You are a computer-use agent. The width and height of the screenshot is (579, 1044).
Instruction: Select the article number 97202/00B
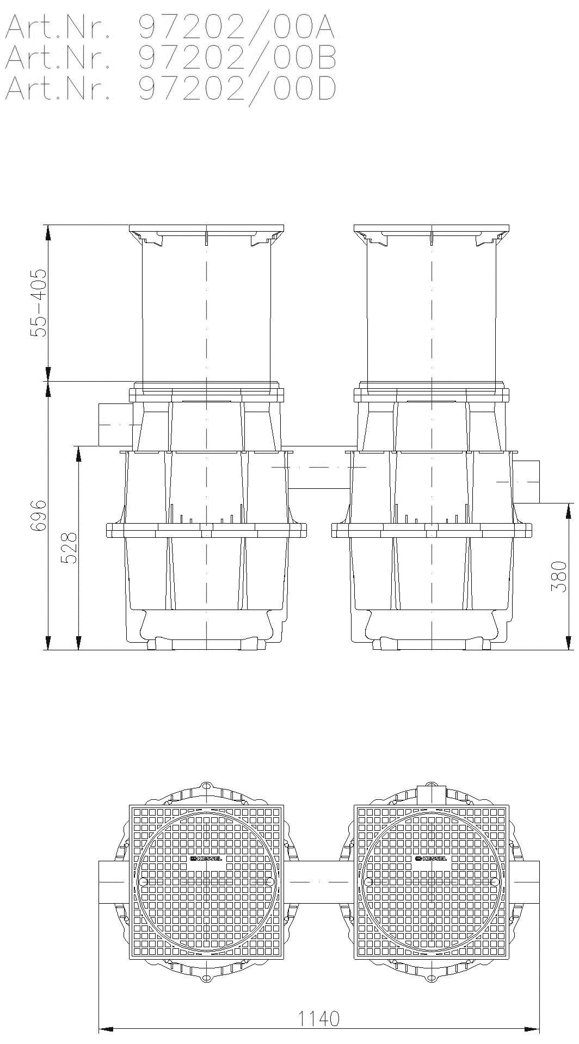237,58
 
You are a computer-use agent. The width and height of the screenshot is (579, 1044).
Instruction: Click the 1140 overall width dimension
320,1018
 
